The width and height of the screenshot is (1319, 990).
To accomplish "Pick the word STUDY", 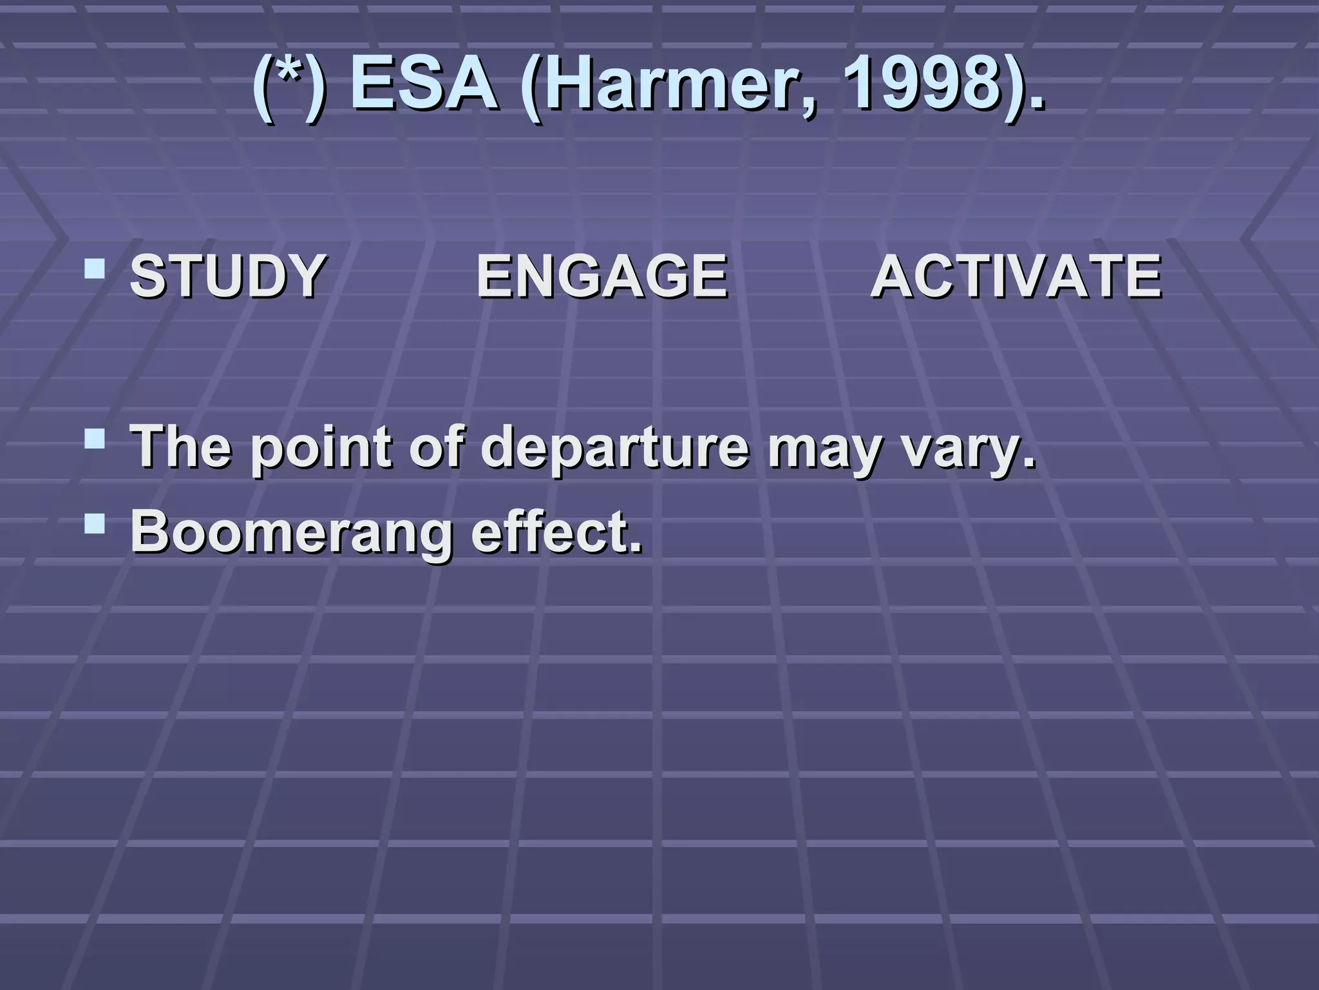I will tap(227, 276).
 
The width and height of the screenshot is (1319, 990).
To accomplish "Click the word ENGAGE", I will tap(602, 276).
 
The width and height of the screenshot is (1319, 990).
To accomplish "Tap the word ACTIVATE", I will tap(1016, 276).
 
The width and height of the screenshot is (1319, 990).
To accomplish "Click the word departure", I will tap(615, 448).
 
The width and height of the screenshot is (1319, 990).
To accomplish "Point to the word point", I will tap(320, 448).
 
